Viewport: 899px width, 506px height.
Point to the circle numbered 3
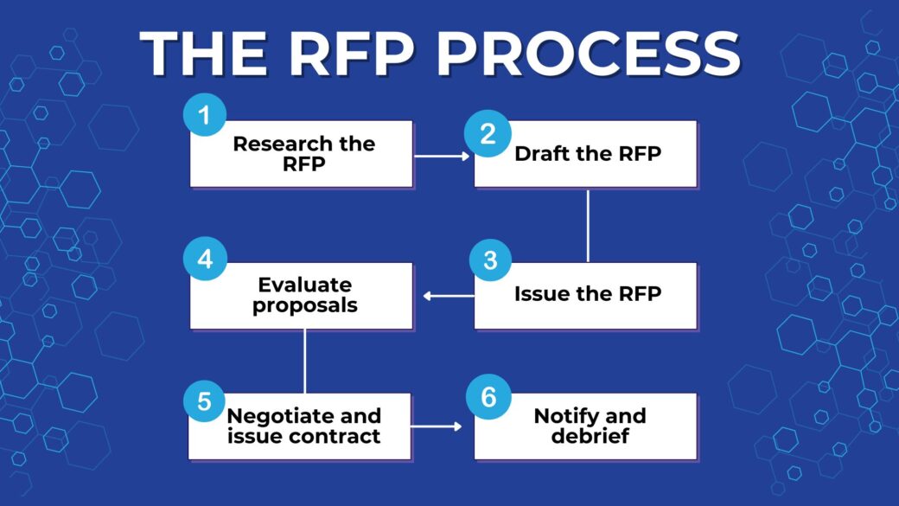tap(491, 260)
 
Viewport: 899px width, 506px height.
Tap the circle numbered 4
tap(205, 260)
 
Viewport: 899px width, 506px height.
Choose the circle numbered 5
tap(205, 402)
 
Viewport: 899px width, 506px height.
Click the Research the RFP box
tap(302, 154)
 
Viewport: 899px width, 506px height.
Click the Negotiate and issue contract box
tap(302, 426)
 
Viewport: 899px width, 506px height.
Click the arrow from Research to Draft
tap(443, 157)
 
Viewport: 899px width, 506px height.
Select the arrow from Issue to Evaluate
tap(448, 296)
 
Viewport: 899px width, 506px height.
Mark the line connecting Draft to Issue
tap(588, 225)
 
